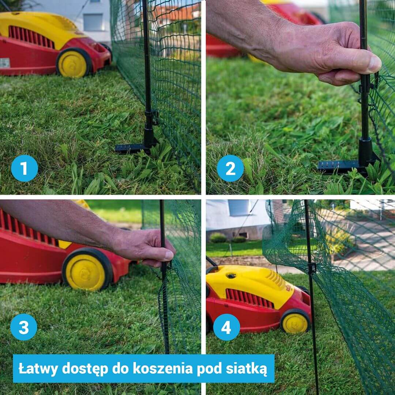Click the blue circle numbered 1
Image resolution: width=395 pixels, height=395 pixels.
click(25, 168)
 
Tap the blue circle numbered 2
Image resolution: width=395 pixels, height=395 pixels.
click(230, 168)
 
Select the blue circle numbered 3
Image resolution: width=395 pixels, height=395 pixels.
click(24, 327)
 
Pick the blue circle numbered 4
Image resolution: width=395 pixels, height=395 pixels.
click(226, 327)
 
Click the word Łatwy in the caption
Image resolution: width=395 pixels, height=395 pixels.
click(38, 369)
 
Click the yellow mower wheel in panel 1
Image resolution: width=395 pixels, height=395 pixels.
click(73, 63)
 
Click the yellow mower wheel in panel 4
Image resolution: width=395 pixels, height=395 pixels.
click(296, 322)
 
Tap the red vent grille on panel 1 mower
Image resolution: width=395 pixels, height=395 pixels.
click(31, 37)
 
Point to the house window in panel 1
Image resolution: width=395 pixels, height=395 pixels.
click(93, 22)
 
